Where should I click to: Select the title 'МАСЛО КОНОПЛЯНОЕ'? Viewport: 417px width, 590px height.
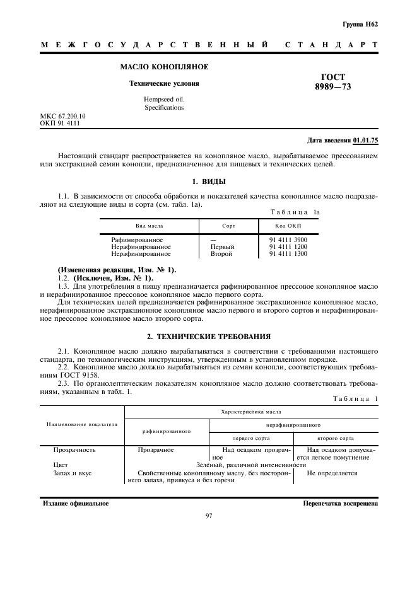164,67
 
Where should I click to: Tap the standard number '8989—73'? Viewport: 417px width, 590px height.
333,87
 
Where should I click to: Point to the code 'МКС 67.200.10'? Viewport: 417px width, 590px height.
63,117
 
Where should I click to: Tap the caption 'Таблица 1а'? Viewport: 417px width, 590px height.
295,212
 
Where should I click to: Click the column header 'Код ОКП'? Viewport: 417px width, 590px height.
288,226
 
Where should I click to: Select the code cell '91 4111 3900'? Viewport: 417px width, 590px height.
288,240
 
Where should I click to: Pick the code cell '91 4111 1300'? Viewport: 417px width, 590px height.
288,254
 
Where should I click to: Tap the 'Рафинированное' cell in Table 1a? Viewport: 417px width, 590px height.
137,240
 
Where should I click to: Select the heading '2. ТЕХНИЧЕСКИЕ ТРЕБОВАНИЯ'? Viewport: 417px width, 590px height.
208,337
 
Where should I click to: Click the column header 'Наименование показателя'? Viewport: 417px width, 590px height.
82,424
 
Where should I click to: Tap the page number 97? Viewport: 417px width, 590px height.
208,517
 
